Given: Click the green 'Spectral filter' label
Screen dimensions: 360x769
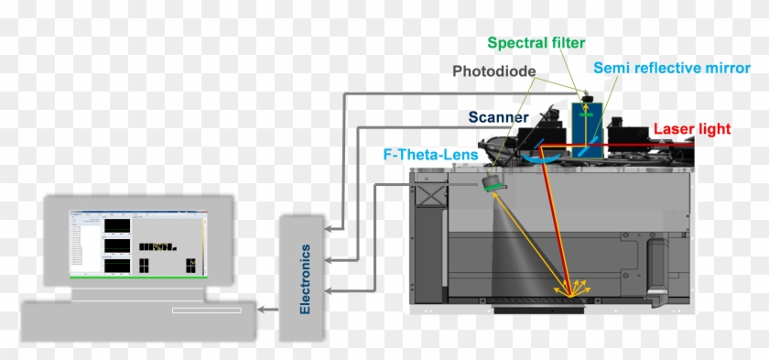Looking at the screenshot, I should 536,43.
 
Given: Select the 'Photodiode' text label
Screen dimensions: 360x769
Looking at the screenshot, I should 494,71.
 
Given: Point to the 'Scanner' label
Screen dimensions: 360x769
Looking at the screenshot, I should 498,117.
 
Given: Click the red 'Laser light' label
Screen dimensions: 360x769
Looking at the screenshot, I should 692,130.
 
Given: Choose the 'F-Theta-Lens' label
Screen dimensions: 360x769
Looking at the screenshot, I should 430,156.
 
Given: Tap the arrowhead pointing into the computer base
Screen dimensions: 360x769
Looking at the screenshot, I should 263,310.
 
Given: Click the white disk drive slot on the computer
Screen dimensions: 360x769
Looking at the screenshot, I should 206,310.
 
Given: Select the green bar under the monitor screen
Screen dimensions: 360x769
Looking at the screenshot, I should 137,276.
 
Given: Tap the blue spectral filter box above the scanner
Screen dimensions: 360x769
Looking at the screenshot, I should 579,119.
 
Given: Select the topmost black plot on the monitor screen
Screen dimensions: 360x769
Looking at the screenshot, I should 117,225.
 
